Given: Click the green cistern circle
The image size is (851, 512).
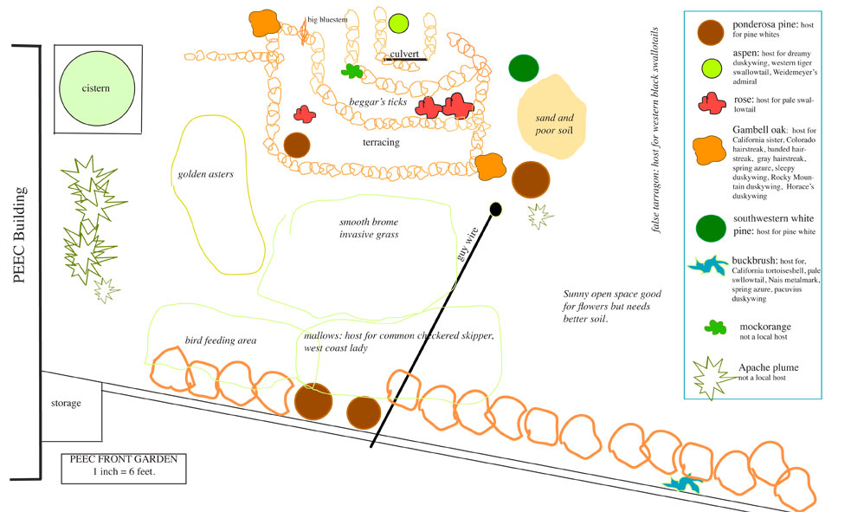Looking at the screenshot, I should (96, 88).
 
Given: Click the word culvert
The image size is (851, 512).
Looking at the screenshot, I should (405, 54).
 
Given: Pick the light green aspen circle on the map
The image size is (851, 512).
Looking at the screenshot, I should (398, 23).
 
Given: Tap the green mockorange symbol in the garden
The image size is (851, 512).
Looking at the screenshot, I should (351, 70).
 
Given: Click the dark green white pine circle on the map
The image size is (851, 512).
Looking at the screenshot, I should (525, 68).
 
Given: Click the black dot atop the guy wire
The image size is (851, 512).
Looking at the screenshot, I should (495, 209).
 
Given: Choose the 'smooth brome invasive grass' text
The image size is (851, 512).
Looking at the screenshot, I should (369, 228).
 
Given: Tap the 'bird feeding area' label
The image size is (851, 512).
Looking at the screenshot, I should (221, 340).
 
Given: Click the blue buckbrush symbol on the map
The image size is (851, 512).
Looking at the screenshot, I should (685, 483).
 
